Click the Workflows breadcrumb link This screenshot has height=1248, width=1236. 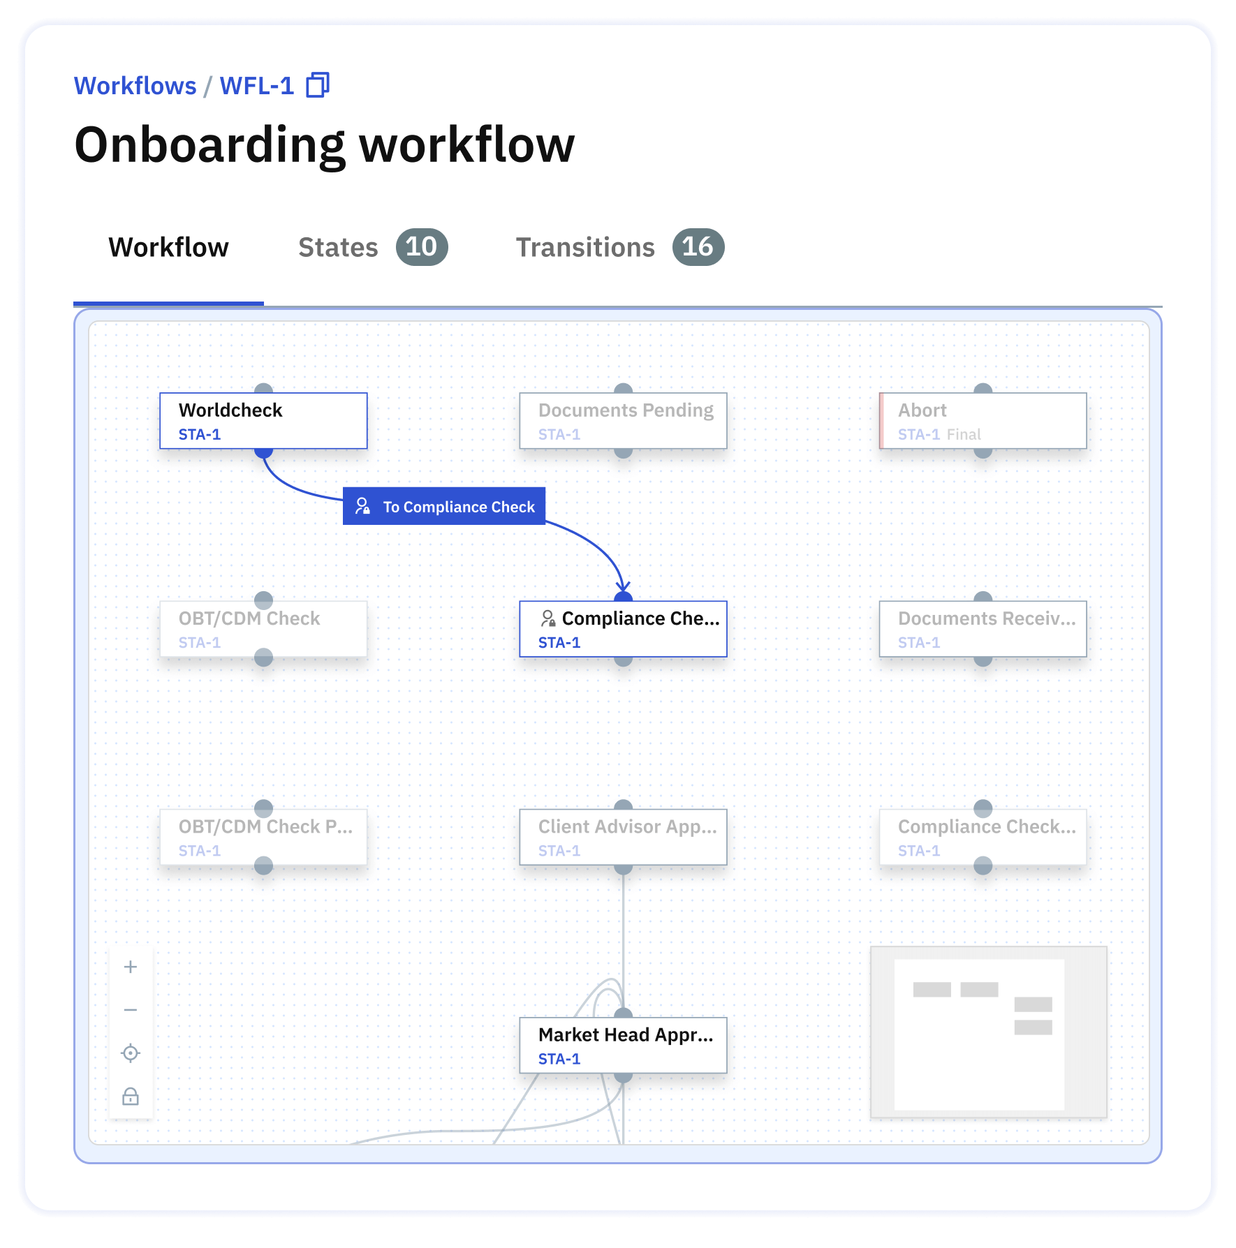(x=135, y=86)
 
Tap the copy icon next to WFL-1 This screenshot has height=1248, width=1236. (x=318, y=85)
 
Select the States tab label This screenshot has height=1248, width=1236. (x=338, y=248)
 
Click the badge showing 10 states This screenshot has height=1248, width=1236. (x=421, y=247)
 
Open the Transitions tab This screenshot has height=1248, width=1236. (x=585, y=248)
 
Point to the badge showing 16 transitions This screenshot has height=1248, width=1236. (x=698, y=247)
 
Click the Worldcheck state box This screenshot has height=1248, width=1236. (x=263, y=421)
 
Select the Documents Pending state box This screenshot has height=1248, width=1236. (x=623, y=421)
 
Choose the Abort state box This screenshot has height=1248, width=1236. (x=983, y=421)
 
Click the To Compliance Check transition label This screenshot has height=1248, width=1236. (x=444, y=506)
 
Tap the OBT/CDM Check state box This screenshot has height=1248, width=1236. (x=263, y=629)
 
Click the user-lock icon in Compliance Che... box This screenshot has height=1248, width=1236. (x=548, y=618)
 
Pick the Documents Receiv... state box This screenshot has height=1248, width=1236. (x=983, y=629)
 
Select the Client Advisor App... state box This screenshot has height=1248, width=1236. (x=623, y=837)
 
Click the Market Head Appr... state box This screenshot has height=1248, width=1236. (x=623, y=1045)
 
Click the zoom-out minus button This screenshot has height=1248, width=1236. (x=131, y=1010)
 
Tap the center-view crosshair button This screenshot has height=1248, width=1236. (x=131, y=1053)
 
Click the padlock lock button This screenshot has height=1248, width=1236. (x=131, y=1097)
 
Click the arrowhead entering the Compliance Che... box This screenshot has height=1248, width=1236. (x=622, y=587)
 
